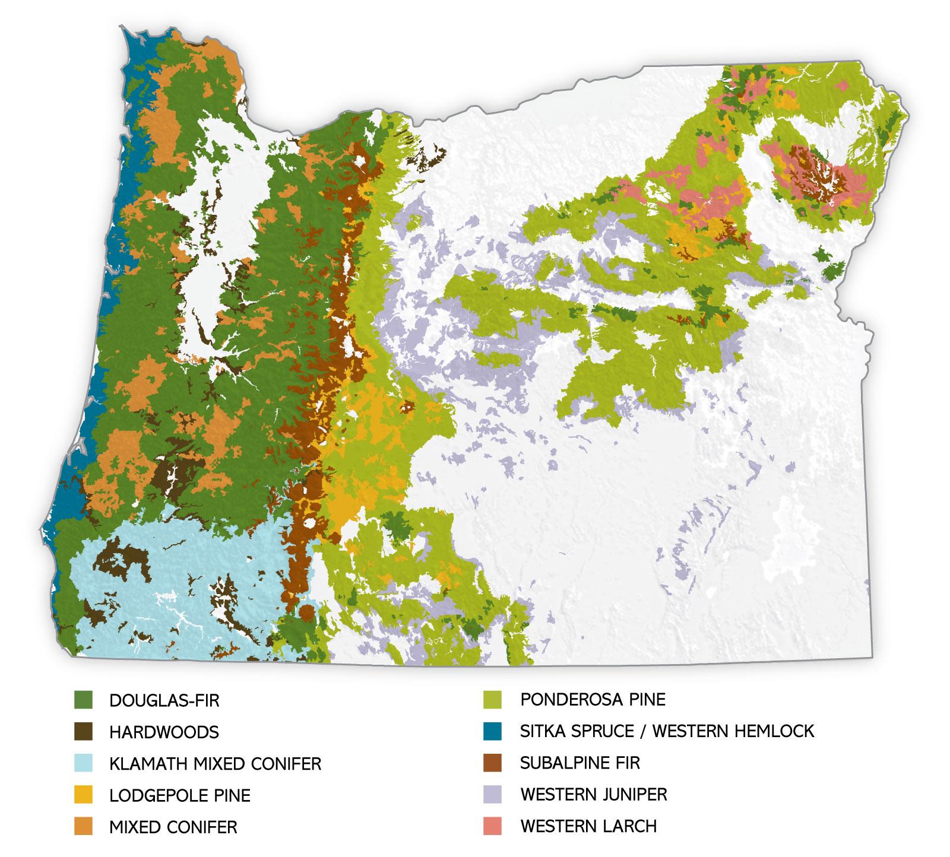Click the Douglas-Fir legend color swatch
tap(83, 700)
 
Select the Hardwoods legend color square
tap(83, 732)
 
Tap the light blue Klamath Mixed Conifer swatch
tap(83, 763)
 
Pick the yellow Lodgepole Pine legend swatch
tap(83, 795)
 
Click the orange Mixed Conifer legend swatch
tap(83, 826)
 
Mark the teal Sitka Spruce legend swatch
tap(493, 731)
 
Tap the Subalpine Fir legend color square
tap(493, 762)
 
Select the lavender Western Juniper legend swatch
tap(493, 794)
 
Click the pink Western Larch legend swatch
tap(493, 826)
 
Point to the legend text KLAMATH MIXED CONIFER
tap(215, 764)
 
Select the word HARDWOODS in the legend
tap(164, 732)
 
